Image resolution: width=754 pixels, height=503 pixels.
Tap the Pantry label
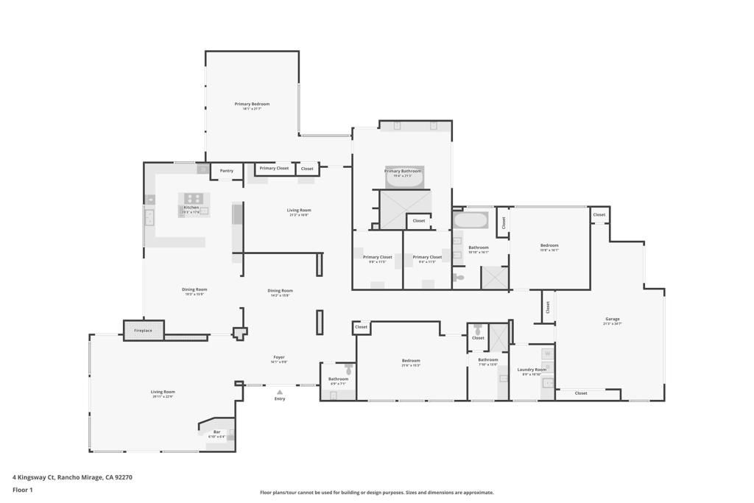click(x=227, y=171)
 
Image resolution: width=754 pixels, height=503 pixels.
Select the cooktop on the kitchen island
click(x=194, y=198)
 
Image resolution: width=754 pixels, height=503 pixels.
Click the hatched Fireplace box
click(x=143, y=331)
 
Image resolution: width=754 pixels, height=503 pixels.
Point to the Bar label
click(x=216, y=432)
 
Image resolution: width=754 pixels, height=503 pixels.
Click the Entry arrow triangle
click(x=280, y=392)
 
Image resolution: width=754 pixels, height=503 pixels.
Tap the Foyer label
click(x=279, y=357)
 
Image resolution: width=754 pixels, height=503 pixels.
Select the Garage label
click(x=612, y=319)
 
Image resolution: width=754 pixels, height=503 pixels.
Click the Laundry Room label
click(x=532, y=370)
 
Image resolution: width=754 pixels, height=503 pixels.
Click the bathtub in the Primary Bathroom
click(x=404, y=177)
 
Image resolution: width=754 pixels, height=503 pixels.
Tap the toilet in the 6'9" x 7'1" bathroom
click(x=348, y=367)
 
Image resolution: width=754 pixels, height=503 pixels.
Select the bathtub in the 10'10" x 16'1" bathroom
click(x=471, y=220)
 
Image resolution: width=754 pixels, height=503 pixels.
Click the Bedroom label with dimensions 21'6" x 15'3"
click(x=411, y=361)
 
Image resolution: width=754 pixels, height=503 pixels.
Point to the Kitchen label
click(x=191, y=208)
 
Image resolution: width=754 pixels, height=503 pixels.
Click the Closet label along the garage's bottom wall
click(x=581, y=393)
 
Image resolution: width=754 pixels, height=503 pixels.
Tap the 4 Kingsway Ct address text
click(x=72, y=477)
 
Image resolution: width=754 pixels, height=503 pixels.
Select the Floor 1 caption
click(x=24, y=490)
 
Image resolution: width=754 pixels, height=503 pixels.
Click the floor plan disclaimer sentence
click(x=376, y=493)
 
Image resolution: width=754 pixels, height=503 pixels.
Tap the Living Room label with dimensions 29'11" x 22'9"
click(x=163, y=392)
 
